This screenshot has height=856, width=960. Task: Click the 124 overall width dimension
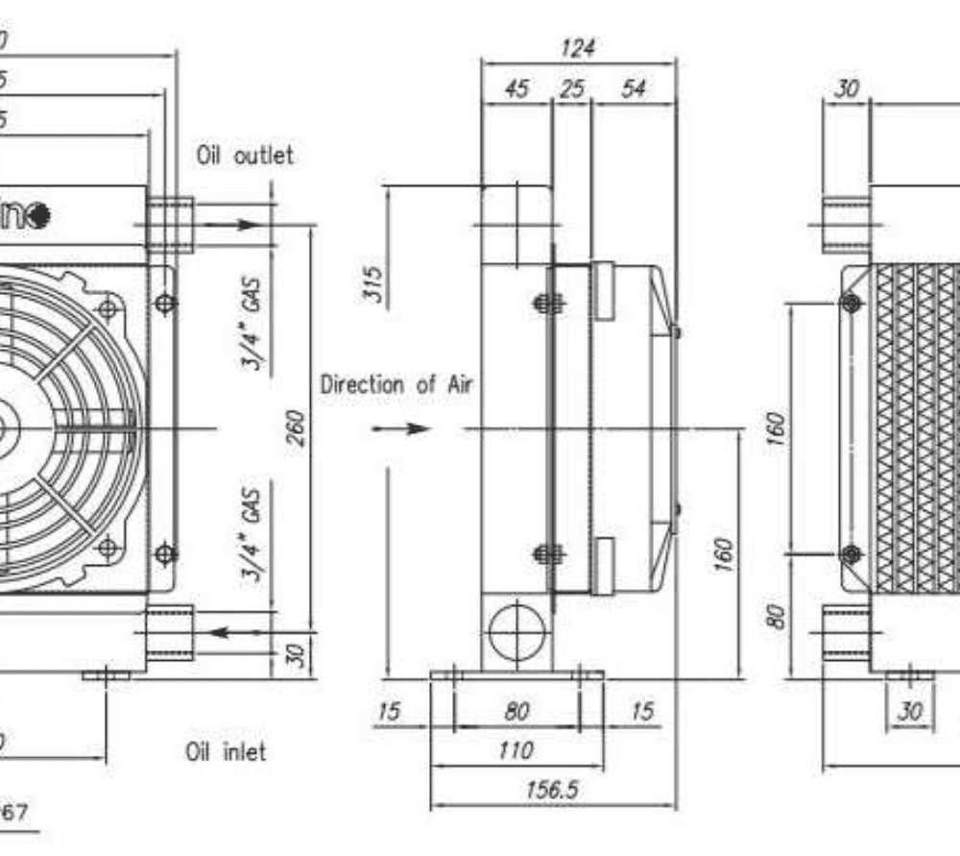point(577,47)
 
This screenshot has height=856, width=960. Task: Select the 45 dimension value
point(516,88)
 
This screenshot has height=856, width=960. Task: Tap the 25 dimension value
point(572,88)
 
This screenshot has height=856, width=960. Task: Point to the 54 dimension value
point(634,88)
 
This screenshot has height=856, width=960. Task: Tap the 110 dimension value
point(516,750)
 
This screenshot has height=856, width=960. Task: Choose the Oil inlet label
point(225,751)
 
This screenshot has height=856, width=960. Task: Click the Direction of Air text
point(396,385)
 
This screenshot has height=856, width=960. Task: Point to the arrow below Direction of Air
point(402,428)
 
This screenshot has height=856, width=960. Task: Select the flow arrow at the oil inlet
point(227,632)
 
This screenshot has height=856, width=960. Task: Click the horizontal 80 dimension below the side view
point(516,712)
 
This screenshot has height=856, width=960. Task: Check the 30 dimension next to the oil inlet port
point(296,655)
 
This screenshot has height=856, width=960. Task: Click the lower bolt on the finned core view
point(851,554)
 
